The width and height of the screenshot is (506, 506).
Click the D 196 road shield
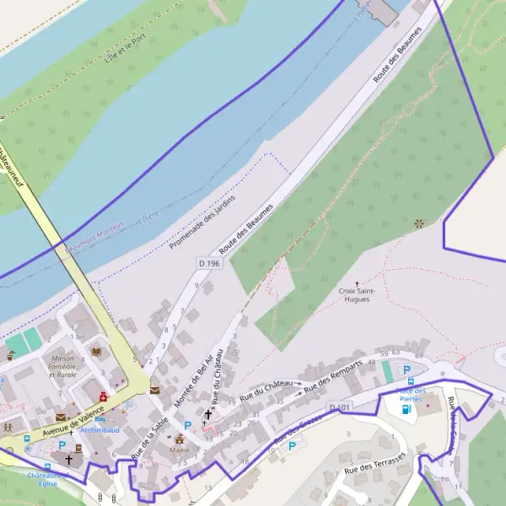(x=209, y=264)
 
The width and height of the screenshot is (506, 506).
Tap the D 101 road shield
(x=340, y=408)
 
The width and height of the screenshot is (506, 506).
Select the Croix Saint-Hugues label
(x=357, y=295)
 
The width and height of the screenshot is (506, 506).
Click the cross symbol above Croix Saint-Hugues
(x=357, y=283)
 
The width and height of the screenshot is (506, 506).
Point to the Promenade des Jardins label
(x=202, y=223)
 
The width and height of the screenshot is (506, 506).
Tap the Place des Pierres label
(x=411, y=395)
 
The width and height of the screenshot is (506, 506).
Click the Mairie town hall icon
(x=180, y=439)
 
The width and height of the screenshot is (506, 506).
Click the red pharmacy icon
(x=103, y=396)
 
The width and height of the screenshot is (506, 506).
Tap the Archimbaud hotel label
(x=100, y=429)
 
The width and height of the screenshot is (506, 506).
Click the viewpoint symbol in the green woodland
(x=420, y=223)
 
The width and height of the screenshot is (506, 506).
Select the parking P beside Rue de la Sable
(x=188, y=425)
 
